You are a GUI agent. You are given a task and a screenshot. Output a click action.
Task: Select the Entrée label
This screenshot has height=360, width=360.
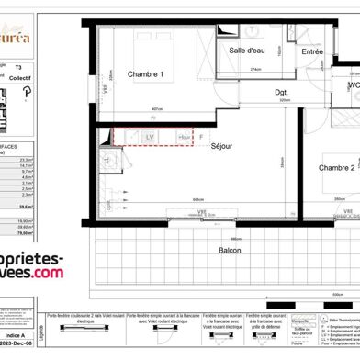coord(312,51)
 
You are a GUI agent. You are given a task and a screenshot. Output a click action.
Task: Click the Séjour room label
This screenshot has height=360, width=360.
coord(222,146)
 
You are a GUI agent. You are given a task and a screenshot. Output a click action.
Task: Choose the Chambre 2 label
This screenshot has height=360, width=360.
coord(311,168)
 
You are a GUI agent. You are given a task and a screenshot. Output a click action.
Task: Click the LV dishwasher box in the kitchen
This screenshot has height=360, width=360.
coord(151,137)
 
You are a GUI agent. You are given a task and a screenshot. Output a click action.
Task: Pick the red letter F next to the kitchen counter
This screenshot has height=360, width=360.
coord(200,137)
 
